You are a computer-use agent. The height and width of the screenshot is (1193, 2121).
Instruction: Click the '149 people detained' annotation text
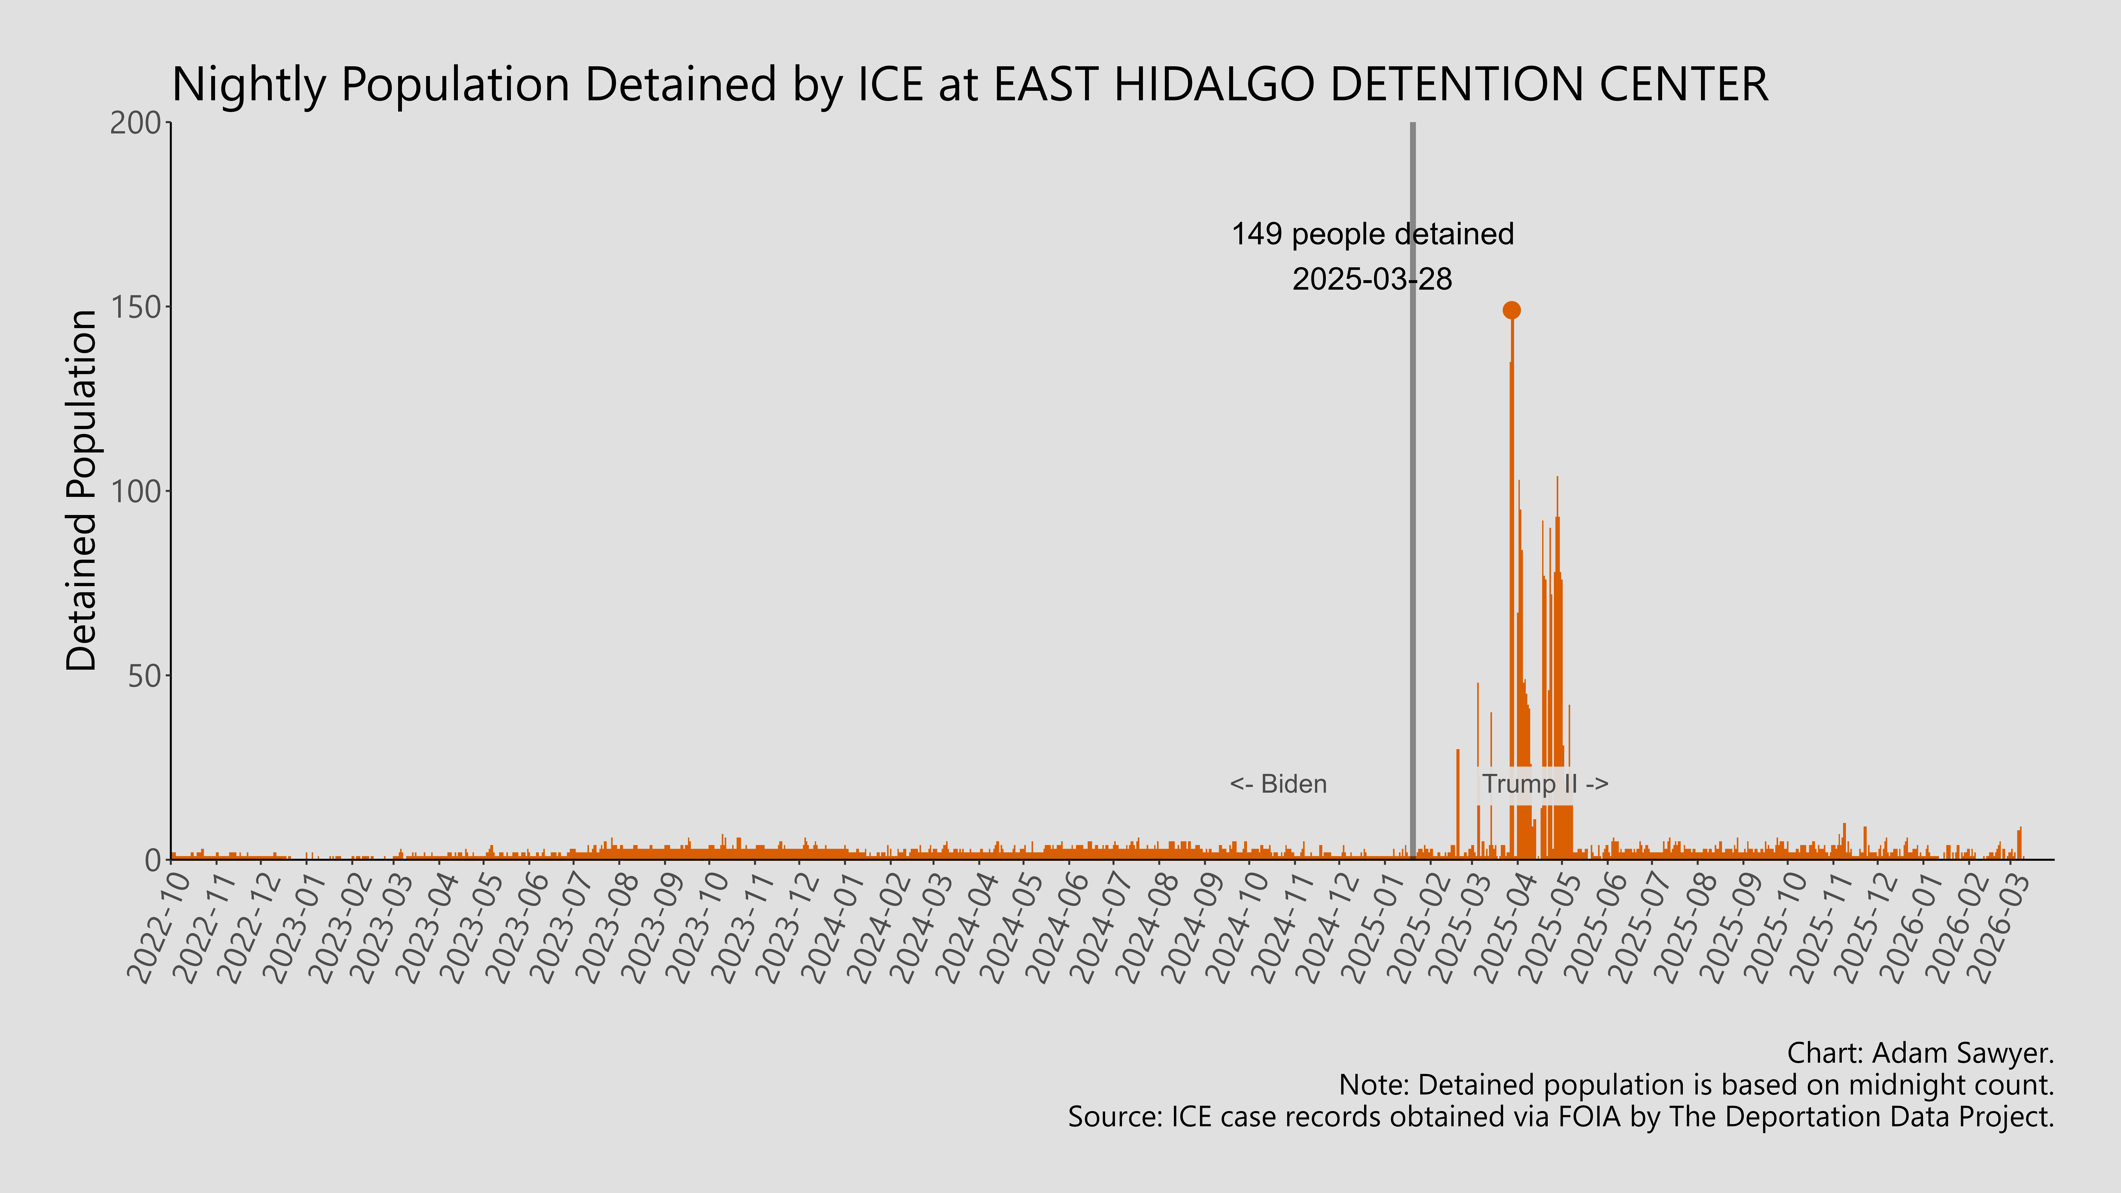1372,235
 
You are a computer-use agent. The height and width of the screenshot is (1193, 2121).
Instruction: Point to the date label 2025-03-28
1372,280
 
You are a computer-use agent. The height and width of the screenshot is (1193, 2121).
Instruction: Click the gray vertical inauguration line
1413,494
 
